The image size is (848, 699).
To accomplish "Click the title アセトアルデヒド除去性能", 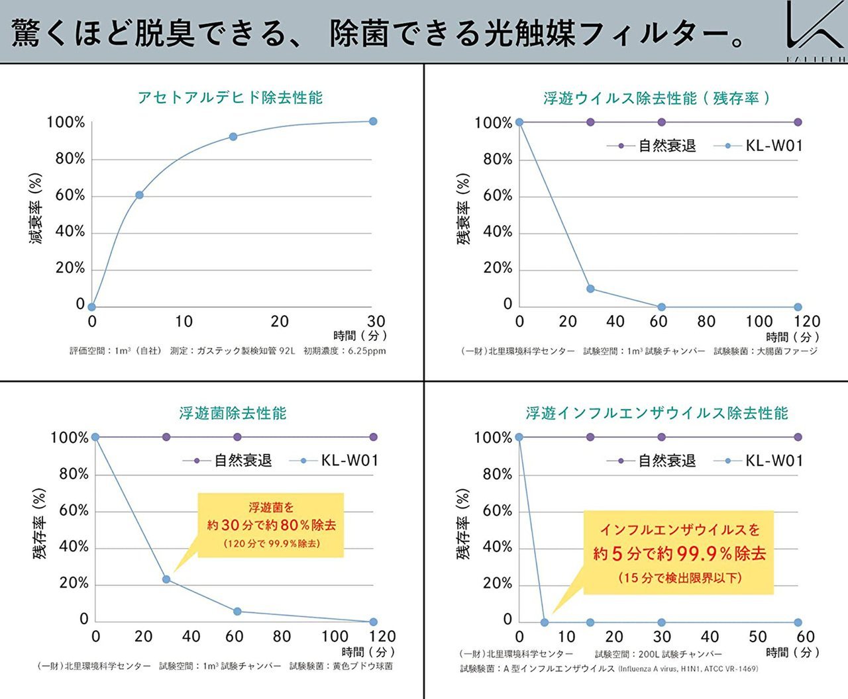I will pyautogui.click(x=230, y=98).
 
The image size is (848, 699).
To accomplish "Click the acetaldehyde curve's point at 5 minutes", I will pyautogui.click(x=140, y=195).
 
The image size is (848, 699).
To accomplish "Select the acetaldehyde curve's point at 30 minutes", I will pyautogui.click(x=373, y=121).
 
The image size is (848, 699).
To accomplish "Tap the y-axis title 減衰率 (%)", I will pyautogui.click(x=36, y=209).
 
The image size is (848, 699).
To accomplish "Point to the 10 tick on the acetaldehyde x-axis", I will pyautogui.click(x=184, y=322).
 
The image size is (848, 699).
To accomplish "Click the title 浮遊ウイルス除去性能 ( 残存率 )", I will pyautogui.click(x=657, y=99).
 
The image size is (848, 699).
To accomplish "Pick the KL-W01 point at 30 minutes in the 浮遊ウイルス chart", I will pyautogui.click(x=590, y=289).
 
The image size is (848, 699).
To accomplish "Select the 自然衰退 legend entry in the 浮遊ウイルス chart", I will pyautogui.click(x=652, y=146).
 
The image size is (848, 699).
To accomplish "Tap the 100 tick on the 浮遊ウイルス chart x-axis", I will pyautogui.click(x=759, y=322).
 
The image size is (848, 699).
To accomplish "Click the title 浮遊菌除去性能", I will pyautogui.click(x=233, y=413).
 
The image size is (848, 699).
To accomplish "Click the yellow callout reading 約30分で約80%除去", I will pyautogui.click(x=271, y=525).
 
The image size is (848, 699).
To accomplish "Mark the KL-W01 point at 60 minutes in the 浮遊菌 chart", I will pyautogui.click(x=237, y=612).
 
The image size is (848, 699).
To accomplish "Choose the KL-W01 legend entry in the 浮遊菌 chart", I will pyautogui.click(x=335, y=461).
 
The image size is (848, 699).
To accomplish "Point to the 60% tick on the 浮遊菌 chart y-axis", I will pyautogui.click(x=74, y=510).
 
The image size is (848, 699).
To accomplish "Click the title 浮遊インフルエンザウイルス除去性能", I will pyautogui.click(x=657, y=413).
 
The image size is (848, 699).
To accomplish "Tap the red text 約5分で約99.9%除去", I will pyautogui.click(x=679, y=553).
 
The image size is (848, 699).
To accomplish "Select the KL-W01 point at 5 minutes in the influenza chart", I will pyautogui.click(x=545, y=622).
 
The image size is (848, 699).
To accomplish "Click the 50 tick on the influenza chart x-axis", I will pyautogui.click(x=758, y=637).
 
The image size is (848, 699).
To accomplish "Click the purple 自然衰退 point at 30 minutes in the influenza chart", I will pyautogui.click(x=661, y=437).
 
